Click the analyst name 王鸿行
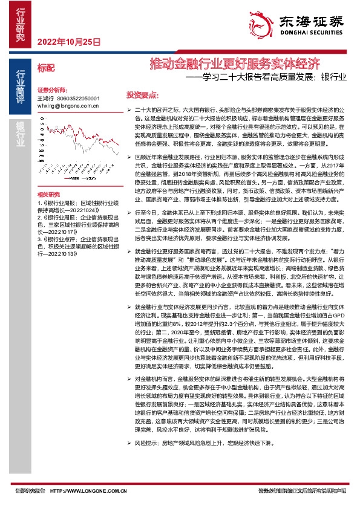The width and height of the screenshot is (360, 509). [45, 97]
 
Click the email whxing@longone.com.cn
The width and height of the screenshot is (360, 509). [67, 105]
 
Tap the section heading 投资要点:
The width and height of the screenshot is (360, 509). [142, 95]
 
